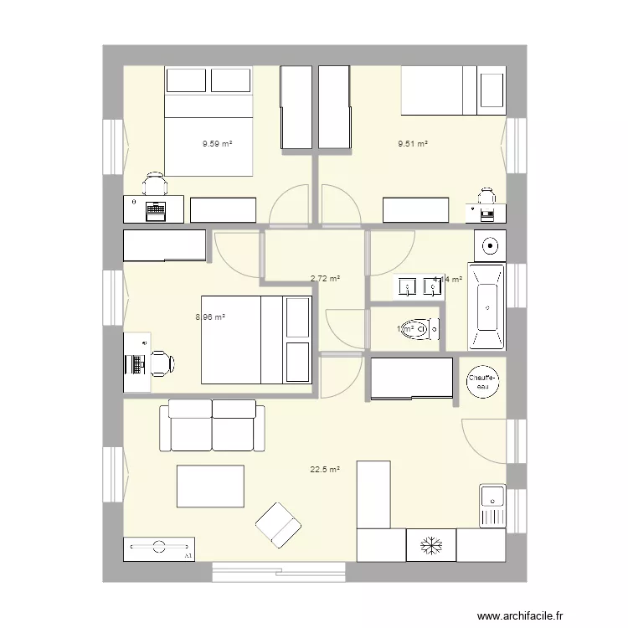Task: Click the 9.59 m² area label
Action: click(217, 143)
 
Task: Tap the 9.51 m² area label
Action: click(412, 143)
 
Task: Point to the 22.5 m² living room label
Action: click(325, 470)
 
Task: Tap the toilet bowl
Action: click(415, 330)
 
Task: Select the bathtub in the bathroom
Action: click(486, 306)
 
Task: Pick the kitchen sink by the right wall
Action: click(492, 506)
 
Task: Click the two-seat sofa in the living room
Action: click(213, 425)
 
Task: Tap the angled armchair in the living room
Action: click(278, 524)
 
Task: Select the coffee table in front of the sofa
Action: click(210, 486)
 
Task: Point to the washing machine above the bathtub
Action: click(489, 245)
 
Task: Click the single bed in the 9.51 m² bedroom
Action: click(454, 90)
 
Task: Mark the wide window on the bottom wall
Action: click(279, 573)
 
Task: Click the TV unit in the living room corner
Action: click(158, 548)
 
